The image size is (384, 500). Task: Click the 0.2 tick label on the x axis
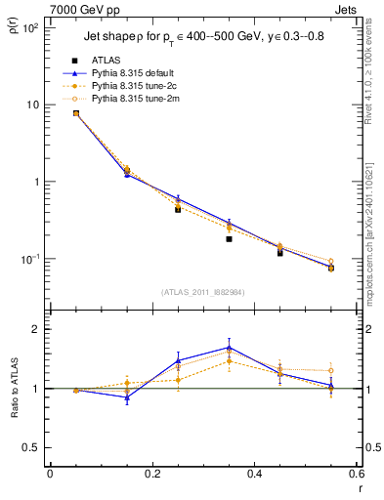[x=151, y=475]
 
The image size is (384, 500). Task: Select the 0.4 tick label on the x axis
[x=254, y=475]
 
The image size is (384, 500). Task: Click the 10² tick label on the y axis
[x=29, y=27]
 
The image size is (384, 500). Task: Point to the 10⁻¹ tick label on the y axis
[x=29, y=259]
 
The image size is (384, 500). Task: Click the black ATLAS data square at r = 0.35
[x=229, y=238]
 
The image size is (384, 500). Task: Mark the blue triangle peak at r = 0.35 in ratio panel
[x=229, y=347]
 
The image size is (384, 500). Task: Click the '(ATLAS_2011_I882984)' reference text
[x=203, y=292]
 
